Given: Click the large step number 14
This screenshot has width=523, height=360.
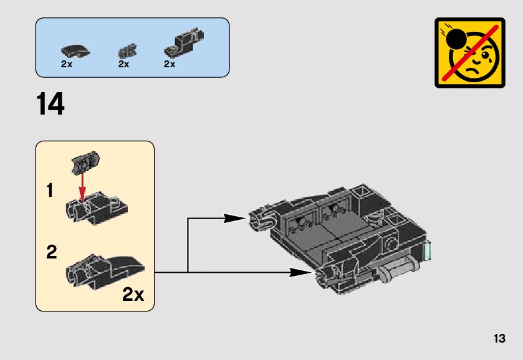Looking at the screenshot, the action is [50, 105].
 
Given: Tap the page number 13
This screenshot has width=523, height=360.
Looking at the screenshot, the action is [499, 339].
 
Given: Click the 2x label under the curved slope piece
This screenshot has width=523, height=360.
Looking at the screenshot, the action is [67, 64].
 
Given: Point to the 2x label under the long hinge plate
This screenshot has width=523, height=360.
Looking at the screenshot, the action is [170, 64].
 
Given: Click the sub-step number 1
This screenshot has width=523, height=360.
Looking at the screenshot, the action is [49, 191].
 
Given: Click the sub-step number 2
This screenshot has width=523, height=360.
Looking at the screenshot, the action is [51, 252].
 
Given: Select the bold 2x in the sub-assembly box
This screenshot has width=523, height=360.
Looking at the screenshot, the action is [133, 295].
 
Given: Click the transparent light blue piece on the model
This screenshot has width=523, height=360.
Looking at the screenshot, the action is [428, 252].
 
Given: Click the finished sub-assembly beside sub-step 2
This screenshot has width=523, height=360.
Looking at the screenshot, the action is [103, 272].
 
